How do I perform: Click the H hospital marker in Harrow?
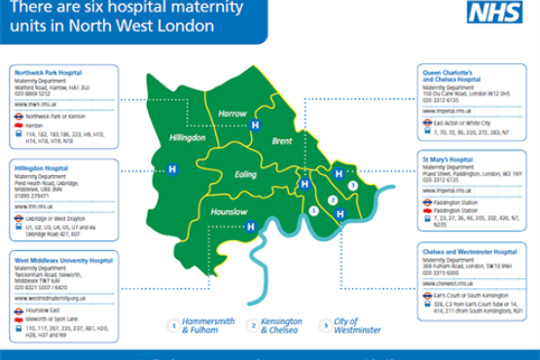point(256,126)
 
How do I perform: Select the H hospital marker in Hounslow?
point(251,228)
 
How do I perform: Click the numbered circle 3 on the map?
point(352,184)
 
